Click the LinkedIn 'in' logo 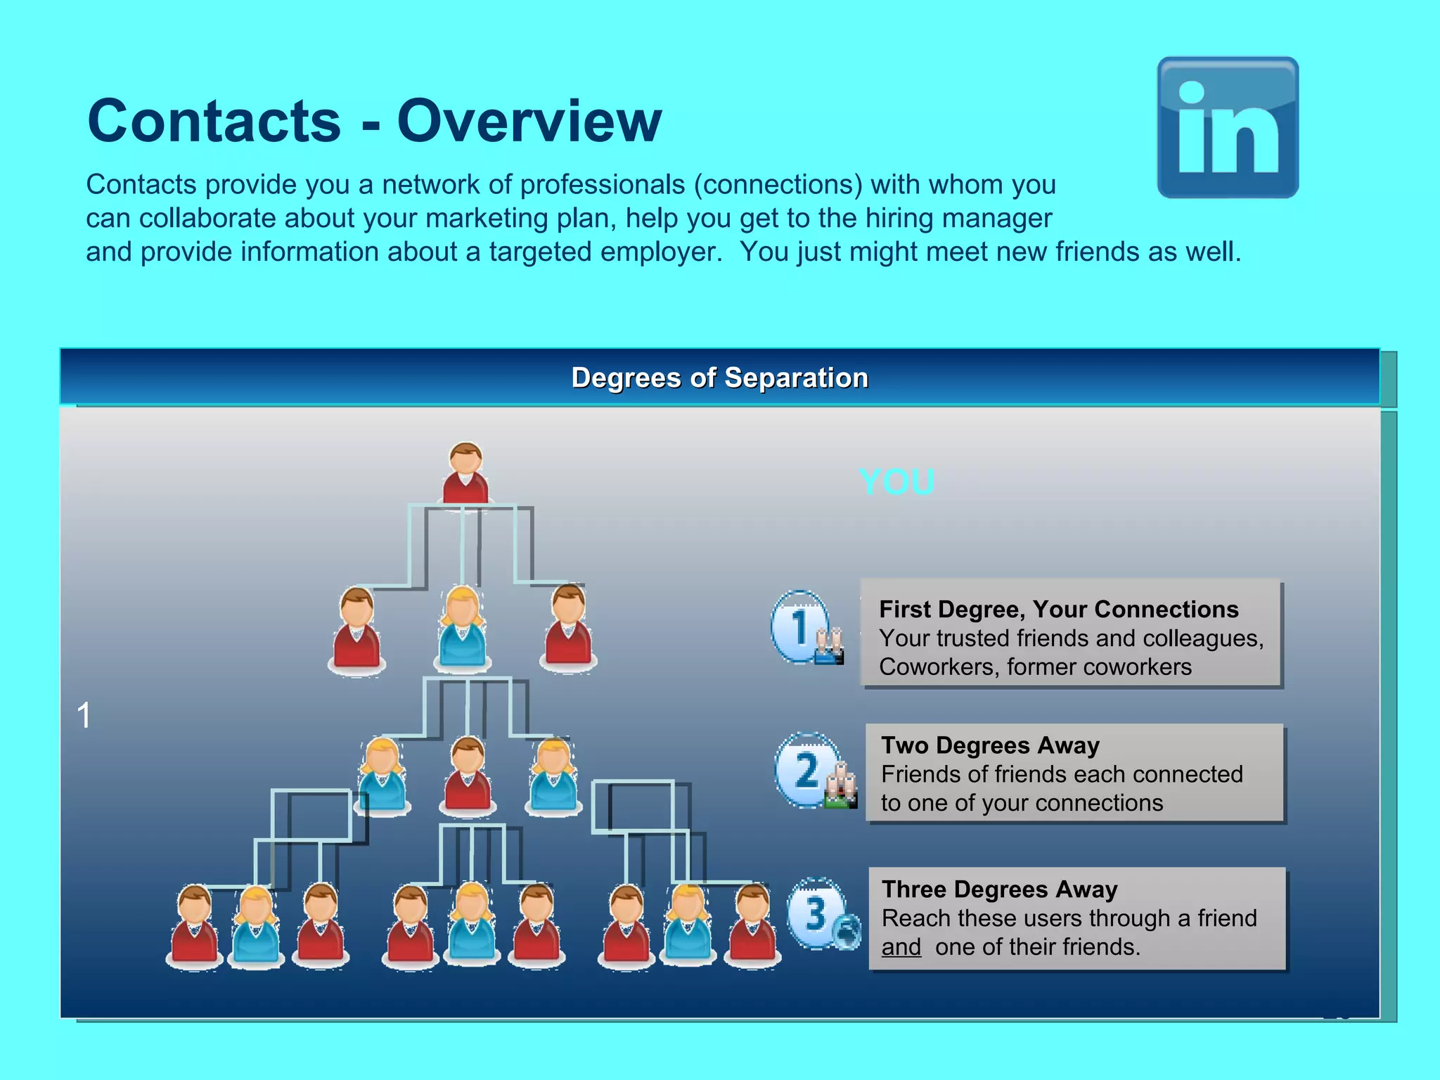point(1228,127)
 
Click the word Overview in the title point(529,121)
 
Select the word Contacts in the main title point(214,121)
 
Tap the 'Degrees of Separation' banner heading point(719,378)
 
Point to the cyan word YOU point(896,482)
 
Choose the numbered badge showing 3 point(816,913)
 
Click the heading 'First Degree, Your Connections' point(1058,609)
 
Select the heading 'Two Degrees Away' point(990,745)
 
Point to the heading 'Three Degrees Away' point(999,889)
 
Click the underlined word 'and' point(901,947)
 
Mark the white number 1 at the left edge point(84,715)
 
